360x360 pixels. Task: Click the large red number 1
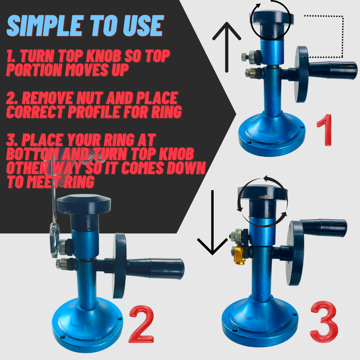[x=325, y=130]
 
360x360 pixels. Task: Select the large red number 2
[x=141, y=324]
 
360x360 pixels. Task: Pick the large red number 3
[x=324, y=321]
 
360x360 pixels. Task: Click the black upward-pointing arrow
[x=227, y=47]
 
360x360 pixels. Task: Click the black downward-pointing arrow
[x=212, y=223]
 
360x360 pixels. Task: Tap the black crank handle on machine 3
[x=324, y=227]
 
